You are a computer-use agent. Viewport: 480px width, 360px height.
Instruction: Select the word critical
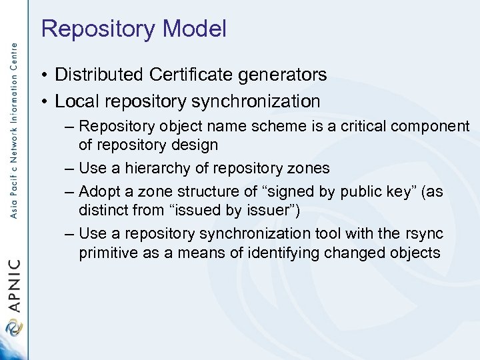[x=356, y=127]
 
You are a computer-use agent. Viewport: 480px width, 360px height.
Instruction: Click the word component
[x=429, y=127]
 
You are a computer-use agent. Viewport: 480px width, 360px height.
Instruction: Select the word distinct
[x=102, y=210]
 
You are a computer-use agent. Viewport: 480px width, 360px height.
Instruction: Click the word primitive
[x=107, y=253]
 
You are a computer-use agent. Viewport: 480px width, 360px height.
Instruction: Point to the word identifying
[x=283, y=253]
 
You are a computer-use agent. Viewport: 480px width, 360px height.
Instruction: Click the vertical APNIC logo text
[x=13, y=283]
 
